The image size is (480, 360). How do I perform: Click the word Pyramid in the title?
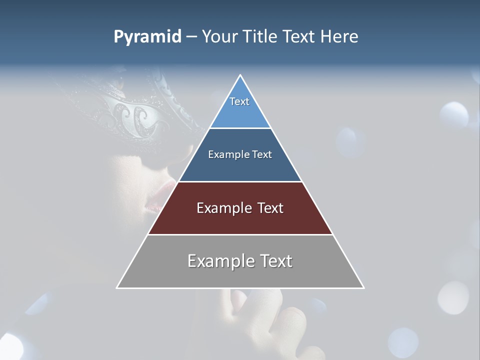coord(147,37)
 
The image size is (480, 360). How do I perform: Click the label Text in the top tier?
coord(239,101)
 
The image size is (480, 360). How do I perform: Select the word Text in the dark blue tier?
coord(262,154)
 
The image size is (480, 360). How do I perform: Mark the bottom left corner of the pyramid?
coord(117,287)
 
